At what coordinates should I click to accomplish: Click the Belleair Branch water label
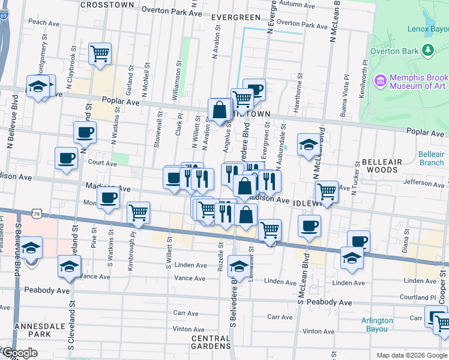point(431,158)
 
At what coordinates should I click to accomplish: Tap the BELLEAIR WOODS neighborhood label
point(379,166)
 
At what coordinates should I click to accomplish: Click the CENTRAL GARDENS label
point(211,342)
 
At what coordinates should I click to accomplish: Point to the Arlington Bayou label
point(378,325)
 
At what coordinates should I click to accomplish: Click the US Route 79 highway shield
point(37,214)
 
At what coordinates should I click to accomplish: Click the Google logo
point(19,353)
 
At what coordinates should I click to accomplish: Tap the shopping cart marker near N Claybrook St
point(100,53)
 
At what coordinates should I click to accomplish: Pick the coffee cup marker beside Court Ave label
point(66,158)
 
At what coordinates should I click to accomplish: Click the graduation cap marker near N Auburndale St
point(309,144)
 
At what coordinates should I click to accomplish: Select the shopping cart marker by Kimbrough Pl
point(139,212)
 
